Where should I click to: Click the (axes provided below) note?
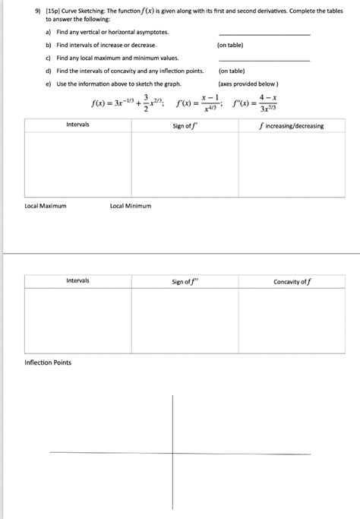pyautogui.click(x=248, y=84)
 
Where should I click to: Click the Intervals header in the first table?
pyautogui.click(x=77, y=125)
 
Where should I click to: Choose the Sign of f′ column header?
pyautogui.click(x=185, y=125)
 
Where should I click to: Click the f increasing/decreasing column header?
pyautogui.click(x=292, y=125)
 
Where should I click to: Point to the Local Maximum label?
pyautogui.click(x=46, y=206)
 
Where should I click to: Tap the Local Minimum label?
pyautogui.click(x=131, y=206)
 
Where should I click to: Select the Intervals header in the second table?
pyautogui.click(x=77, y=281)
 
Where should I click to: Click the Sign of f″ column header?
pyautogui.click(x=185, y=282)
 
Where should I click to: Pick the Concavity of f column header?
pyautogui.click(x=292, y=282)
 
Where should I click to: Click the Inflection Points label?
pyautogui.click(x=48, y=362)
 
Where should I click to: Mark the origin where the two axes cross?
pyautogui.click(x=173, y=454)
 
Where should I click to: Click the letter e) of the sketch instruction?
pyautogui.click(x=49, y=84)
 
